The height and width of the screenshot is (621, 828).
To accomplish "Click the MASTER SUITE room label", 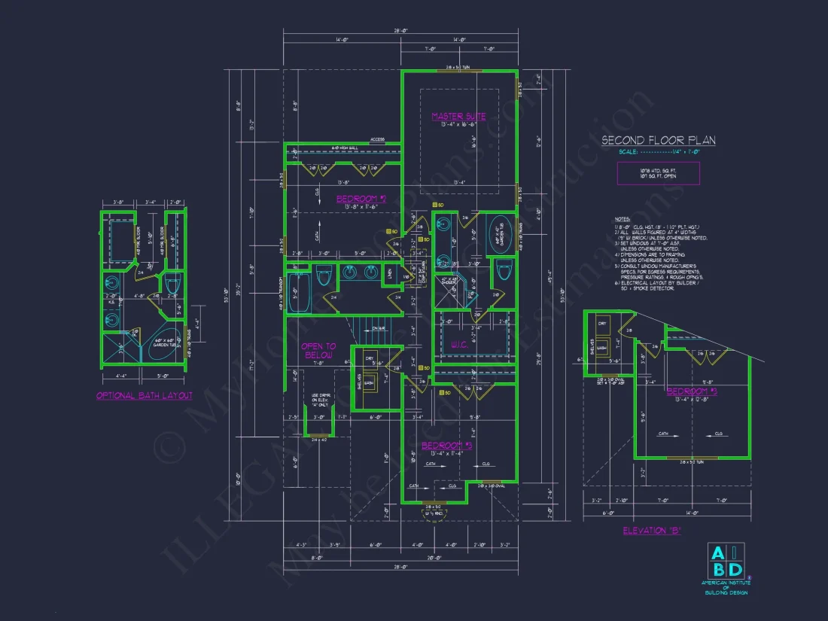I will click(x=458, y=117).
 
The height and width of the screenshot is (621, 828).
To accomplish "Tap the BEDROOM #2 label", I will click(x=361, y=199).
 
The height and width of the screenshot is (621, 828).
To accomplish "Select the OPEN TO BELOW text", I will click(x=318, y=351).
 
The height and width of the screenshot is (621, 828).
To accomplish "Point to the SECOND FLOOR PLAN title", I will click(x=658, y=140).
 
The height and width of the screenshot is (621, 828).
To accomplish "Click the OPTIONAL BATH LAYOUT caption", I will click(x=145, y=395).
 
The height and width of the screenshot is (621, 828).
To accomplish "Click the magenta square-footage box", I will click(x=658, y=173).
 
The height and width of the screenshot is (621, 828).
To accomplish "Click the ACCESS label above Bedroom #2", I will click(x=377, y=140).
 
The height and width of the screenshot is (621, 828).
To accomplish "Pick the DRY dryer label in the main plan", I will click(x=368, y=358).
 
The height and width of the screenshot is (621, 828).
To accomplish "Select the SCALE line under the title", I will click(x=658, y=151).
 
